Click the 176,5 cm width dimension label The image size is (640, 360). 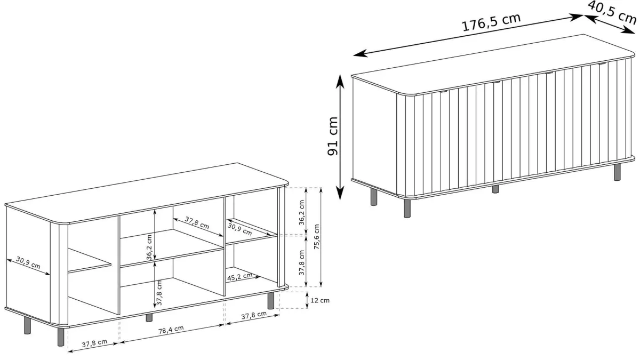[491, 22]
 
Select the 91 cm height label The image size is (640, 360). [332, 136]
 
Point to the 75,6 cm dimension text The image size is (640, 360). [317, 237]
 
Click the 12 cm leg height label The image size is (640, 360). [319, 300]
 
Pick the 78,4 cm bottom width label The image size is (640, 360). [171, 330]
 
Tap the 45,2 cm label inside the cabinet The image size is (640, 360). [239, 277]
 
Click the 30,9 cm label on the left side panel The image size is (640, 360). [28, 262]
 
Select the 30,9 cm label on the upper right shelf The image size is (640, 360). [239, 229]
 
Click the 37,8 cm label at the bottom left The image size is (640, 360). [94, 343]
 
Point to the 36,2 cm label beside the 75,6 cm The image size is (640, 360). [302, 212]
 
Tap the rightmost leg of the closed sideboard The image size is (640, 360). [618, 172]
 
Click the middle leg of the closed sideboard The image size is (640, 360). [495, 189]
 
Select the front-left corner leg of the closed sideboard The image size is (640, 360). [407, 209]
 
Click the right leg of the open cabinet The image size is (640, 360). [271, 300]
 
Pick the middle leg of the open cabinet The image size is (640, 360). [149, 317]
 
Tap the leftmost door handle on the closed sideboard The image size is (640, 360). [444, 91]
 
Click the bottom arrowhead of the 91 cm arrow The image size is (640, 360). [340, 194]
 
